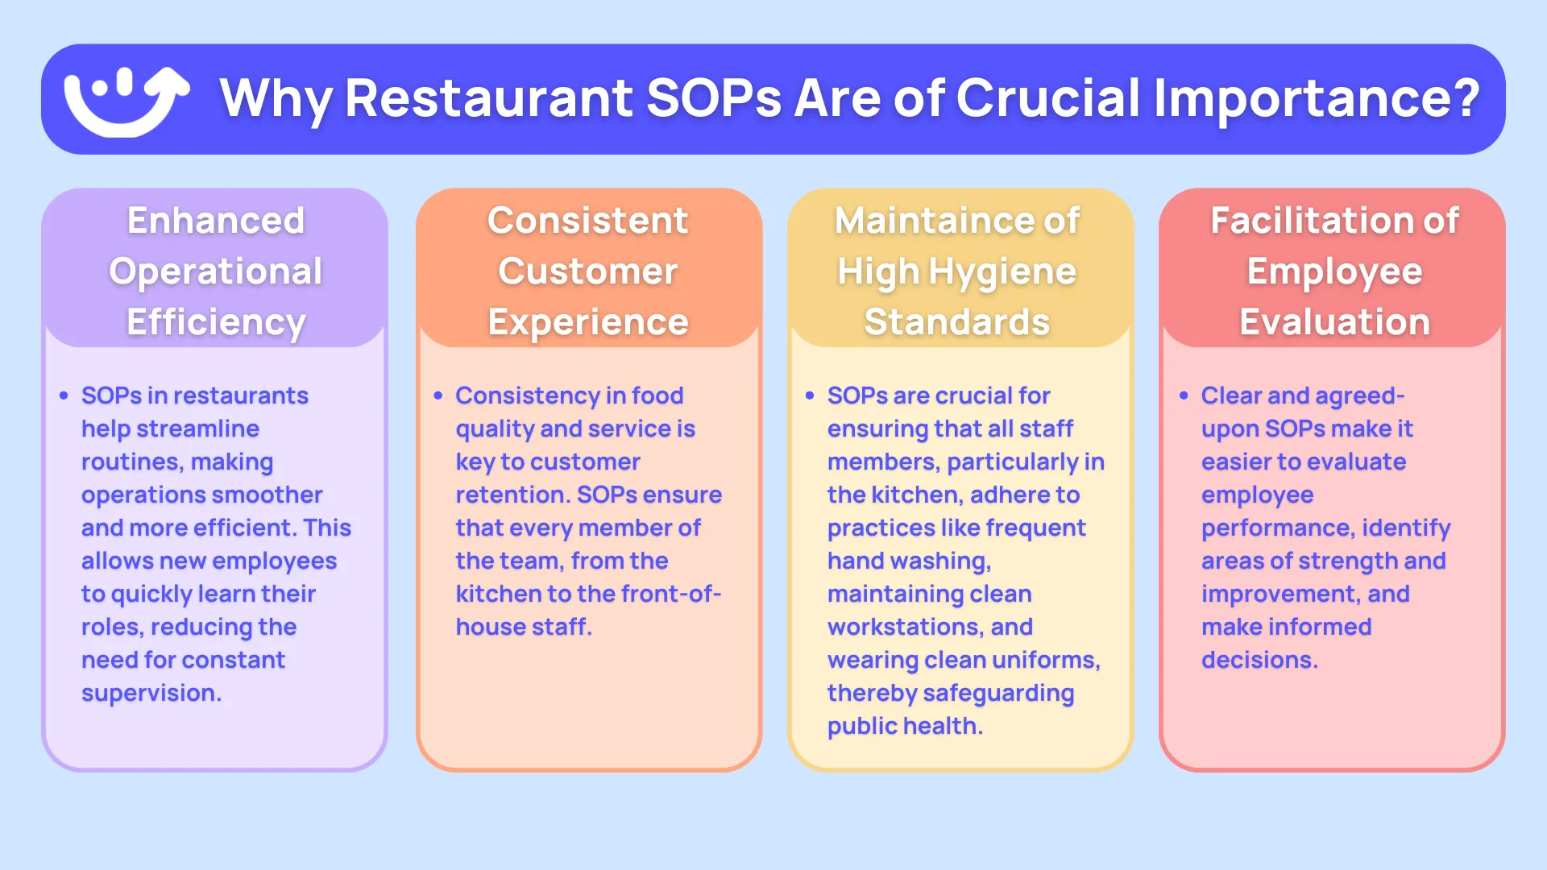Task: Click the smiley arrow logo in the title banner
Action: pos(126,101)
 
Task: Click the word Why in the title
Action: pos(275,99)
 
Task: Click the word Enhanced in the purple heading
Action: pos(216,221)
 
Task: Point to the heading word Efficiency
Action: pos(216,322)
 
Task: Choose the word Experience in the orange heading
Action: pos(588,322)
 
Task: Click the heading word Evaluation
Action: pos(1334,322)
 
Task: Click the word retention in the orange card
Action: pos(512,495)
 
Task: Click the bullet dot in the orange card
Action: pos(438,396)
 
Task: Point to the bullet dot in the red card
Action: pos(1184,396)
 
